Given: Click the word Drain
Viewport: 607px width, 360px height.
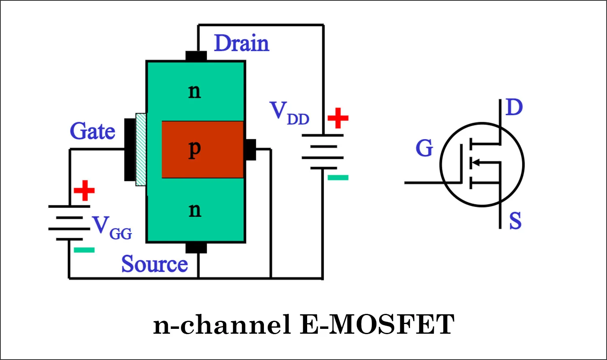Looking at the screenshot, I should [x=241, y=43].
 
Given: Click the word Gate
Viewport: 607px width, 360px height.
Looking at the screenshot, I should [x=93, y=131].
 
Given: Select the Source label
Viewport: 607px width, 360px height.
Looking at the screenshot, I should [x=155, y=264].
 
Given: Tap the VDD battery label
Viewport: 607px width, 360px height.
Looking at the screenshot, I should [x=289, y=113].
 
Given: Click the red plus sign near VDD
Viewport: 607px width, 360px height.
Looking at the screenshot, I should [x=338, y=118].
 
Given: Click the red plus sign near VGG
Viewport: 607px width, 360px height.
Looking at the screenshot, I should [x=84, y=191].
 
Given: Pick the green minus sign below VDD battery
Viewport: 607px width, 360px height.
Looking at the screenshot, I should [x=338, y=177].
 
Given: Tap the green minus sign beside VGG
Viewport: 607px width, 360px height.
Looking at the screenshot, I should [x=84, y=250].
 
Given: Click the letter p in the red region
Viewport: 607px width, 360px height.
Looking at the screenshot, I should [x=195, y=149].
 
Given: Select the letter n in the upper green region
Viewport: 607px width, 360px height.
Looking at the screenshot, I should [x=195, y=91].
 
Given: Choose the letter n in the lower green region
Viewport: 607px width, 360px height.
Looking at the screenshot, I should [x=195, y=210].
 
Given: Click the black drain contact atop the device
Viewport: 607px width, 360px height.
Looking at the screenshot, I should [x=196, y=56].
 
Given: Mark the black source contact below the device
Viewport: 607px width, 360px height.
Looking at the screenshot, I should [x=196, y=248].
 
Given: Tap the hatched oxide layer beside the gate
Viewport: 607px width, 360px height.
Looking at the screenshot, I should [x=141, y=150].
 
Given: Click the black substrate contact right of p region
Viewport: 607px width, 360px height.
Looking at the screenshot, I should [x=250, y=150].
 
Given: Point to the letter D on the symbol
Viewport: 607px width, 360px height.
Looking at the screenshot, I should [x=514, y=108].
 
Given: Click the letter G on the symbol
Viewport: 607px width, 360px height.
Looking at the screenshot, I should [x=424, y=148].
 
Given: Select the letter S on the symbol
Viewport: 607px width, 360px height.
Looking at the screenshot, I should [x=515, y=221].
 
